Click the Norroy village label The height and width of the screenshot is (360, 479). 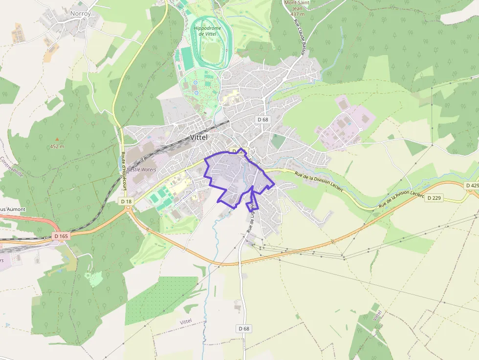pos(80,14)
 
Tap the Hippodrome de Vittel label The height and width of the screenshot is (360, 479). pos(207,32)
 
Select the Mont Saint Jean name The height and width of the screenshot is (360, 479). pos(297,5)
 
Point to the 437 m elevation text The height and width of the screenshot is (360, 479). pos(297,14)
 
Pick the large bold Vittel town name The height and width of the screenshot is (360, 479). pos(198,137)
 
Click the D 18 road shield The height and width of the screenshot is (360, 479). pos(126,201)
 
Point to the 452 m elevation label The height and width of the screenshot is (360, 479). pos(57,146)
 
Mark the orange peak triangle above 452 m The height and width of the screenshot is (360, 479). pos(57,139)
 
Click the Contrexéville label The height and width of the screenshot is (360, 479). pos(8,168)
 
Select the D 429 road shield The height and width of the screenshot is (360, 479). pos(472,186)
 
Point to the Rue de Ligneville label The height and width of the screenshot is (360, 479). pos(250,217)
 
